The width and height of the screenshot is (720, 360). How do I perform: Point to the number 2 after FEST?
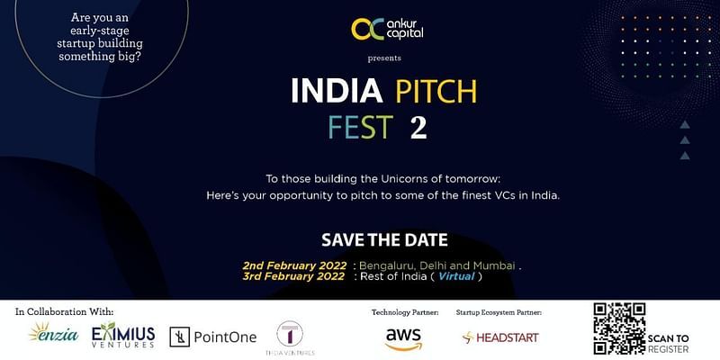tap(418, 127)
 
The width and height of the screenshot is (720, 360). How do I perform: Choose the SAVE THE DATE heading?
tap(384, 240)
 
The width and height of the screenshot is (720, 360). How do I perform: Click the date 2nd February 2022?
tap(293, 265)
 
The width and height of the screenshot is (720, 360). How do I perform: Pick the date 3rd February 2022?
tap(293, 277)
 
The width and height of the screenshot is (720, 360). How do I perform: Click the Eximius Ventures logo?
tap(123, 335)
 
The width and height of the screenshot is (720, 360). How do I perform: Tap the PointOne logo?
tap(213, 337)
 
